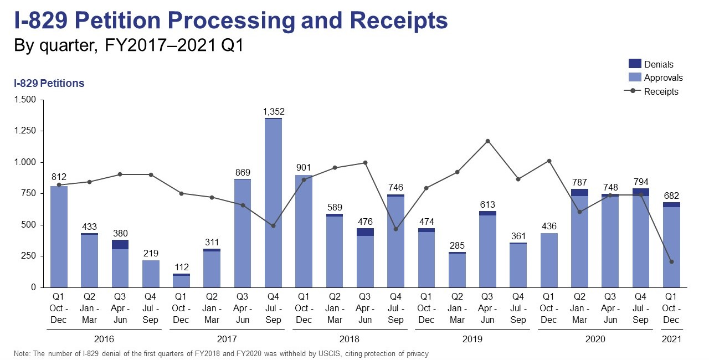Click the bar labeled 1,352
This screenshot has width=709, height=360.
coord(273,203)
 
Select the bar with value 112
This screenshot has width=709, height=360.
coord(181,281)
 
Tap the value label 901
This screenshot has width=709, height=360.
coord(304,168)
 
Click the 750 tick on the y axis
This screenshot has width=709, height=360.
coord(28,194)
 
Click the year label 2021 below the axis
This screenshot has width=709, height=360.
coord(671,339)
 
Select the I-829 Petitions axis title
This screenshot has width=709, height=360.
coord(49,84)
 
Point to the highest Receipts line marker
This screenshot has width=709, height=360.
coord(488,141)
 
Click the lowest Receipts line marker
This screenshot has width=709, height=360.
coord(671,262)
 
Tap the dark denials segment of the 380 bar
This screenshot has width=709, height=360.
coord(120,244)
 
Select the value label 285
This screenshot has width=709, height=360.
coord(457,245)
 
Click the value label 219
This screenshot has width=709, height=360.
coord(151,254)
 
